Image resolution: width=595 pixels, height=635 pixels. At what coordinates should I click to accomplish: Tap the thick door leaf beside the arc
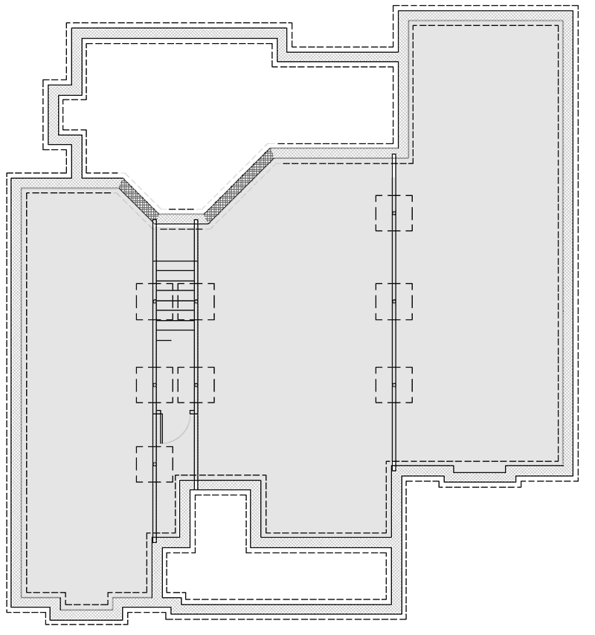(x=159, y=429)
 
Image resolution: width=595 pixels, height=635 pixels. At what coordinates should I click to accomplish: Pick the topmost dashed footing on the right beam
(x=393, y=213)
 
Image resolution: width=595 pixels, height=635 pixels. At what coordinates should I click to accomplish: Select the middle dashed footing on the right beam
(x=393, y=302)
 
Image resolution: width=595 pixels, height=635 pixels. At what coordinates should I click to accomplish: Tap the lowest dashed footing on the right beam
(x=393, y=385)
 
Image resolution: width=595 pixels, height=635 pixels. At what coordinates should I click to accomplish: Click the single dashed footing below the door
(x=154, y=464)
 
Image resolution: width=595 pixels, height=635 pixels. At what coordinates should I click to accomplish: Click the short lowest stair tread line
(x=164, y=340)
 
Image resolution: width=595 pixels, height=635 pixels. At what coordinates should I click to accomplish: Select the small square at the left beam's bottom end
(x=154, y=540)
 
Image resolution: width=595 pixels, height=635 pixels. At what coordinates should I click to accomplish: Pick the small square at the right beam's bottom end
(x=393, y=468)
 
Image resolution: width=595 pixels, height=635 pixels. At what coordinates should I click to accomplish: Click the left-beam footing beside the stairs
(x=154, y=302)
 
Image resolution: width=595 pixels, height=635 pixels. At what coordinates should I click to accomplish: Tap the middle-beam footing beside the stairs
(x=196, y=302)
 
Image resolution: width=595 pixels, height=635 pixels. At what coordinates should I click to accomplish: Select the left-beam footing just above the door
(x=154, y=385)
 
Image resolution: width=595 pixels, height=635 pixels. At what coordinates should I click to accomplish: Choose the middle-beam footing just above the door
(x=196, y=385)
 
